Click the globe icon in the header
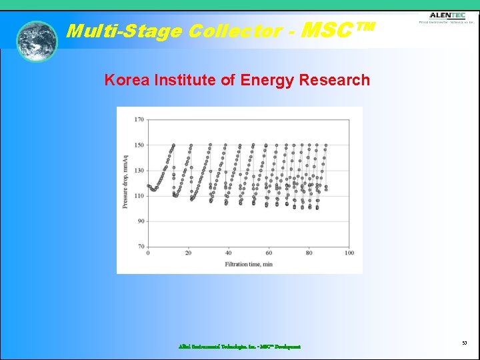point(37,41)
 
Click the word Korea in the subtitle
point(127,81)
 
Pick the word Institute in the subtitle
point(185,81)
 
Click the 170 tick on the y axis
point(139,120)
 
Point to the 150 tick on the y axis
point(139,145)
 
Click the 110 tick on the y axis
point(139,196)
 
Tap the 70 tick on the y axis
point(140,247)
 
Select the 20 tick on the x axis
point(188,253)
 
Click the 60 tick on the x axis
point(269,253)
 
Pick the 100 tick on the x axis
point(349,253)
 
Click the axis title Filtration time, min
point(249,265)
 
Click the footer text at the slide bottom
point(239,347)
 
